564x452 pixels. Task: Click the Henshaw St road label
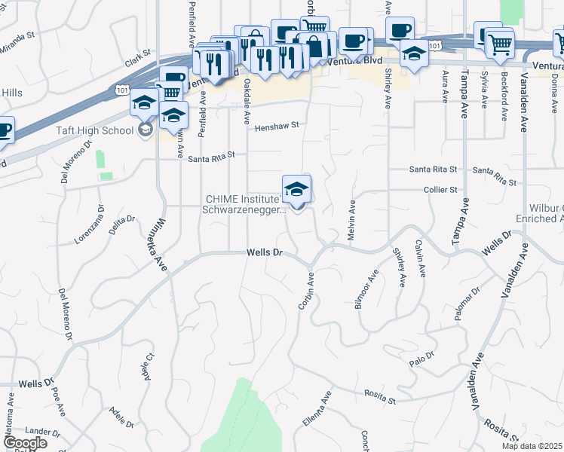(x=276, y=125)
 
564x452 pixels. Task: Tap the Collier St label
(x=441, y=190)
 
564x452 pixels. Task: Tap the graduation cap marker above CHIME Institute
(x=297, y=188)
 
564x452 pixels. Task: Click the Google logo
(x=24, y=443)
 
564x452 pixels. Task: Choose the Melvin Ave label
(x=351, y=221)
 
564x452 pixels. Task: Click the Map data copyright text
(x=532, y=446)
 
